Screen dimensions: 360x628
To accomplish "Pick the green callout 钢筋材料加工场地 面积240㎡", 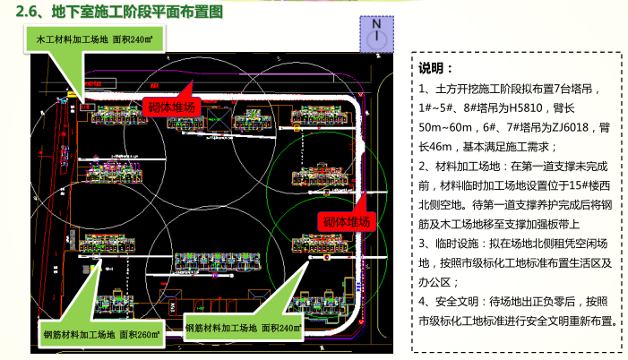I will click(243, 329).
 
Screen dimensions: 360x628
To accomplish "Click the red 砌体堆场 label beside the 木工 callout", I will click(170, 105).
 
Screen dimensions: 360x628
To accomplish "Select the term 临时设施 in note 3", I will click(454, 243).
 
